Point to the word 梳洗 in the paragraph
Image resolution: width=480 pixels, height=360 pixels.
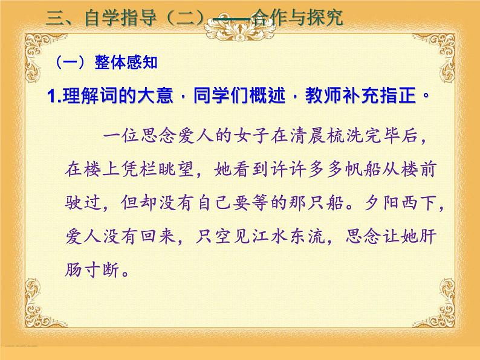pyautogui.click(x=355, y=138)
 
